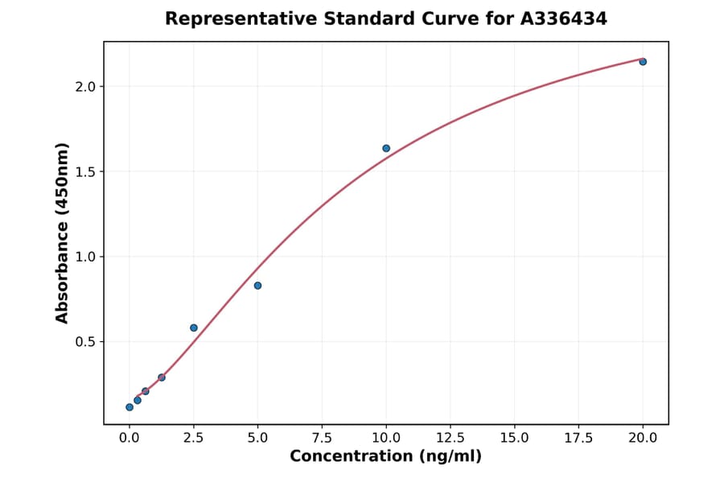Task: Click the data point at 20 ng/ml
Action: point(643,62)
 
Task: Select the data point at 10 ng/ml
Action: point(386,148)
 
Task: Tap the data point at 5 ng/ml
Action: point(257,286)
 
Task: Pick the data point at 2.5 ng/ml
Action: point(194,328)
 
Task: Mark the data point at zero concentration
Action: point(130,407)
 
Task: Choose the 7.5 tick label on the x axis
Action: point(322,438)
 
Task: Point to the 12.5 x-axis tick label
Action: point(450,438)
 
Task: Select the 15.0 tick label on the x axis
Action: point(515,438)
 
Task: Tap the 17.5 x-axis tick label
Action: point(578,438)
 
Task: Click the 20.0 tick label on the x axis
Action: point(643,438)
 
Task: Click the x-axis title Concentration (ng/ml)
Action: point(385,457)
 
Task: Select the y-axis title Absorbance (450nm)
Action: point(62,233)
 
